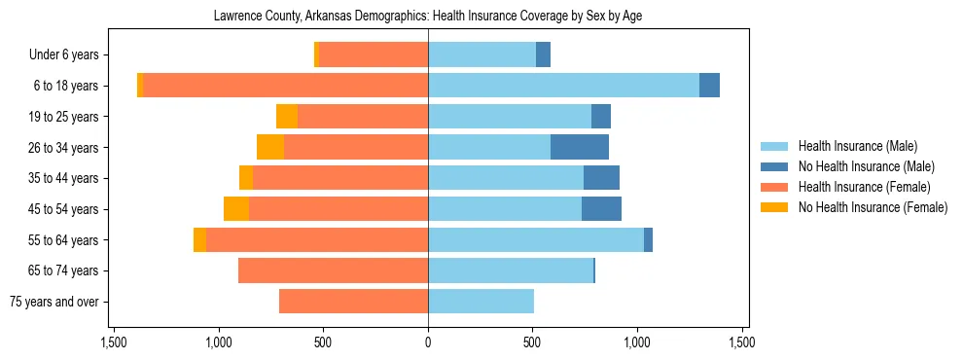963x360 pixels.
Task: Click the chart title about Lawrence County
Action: click(428, 16)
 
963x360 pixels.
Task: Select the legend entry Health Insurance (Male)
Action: click(857, 146)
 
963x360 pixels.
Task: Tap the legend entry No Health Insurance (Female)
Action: click(873, 207)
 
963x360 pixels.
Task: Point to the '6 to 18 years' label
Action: click(66, 86)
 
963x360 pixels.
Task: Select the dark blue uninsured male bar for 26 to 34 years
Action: click(580, 147)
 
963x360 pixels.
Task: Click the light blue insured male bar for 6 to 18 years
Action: click(563, 86)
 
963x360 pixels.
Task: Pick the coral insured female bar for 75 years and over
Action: click(353, 302)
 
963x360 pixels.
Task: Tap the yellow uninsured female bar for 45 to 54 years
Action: click(236, 209)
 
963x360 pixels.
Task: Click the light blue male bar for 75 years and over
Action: click(481, 302)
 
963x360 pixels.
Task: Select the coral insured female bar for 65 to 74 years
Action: click(333, 270)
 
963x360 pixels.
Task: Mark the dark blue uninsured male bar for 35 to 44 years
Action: click(601, 178)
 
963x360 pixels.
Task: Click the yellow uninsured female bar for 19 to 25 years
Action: click(287, 117)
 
